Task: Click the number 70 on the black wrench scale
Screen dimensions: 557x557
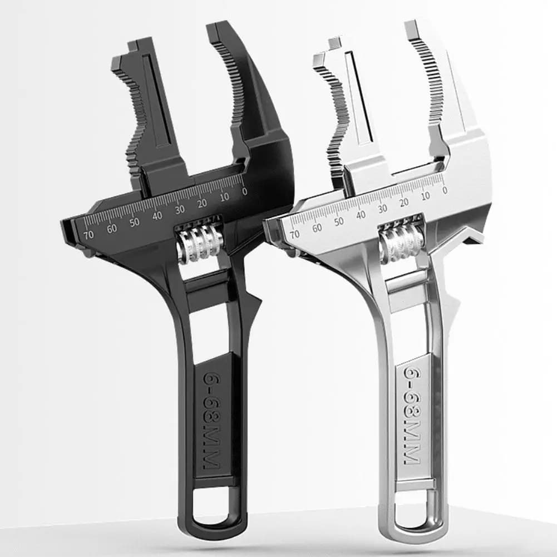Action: (x=88, y=235)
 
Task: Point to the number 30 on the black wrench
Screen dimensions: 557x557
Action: (x=179, y=210)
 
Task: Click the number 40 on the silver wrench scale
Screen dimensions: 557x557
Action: (x=361, y=214)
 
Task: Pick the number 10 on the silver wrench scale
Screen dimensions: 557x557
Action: (x=426, y=196)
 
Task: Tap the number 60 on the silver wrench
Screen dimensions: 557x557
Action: (x=317, y=228)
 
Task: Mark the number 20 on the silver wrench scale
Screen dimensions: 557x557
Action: (x=405, y=202)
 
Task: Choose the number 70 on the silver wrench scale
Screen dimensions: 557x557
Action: (x=295, y=234)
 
